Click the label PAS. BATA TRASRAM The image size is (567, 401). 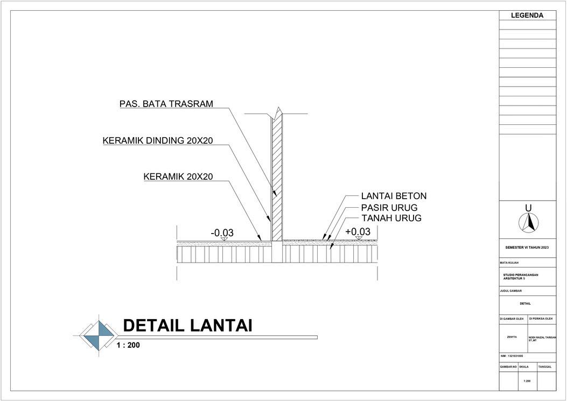166,104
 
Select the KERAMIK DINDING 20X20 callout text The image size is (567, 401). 158,141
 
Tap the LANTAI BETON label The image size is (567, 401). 394,196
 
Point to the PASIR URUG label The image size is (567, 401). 389,207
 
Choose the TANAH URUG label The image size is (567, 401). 391,218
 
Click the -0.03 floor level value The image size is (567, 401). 222,233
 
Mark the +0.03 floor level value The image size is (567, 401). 358,231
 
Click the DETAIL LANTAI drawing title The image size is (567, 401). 187,325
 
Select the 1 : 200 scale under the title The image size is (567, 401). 128,345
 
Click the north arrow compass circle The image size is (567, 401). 528,222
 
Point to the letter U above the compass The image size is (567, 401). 528,208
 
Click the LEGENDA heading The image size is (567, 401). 527,16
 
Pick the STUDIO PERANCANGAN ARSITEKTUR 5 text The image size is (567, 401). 520,277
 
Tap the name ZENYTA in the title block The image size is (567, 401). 512,337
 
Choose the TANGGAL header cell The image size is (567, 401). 545,367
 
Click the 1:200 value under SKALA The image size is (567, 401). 527,381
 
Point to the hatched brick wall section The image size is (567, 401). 277,178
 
